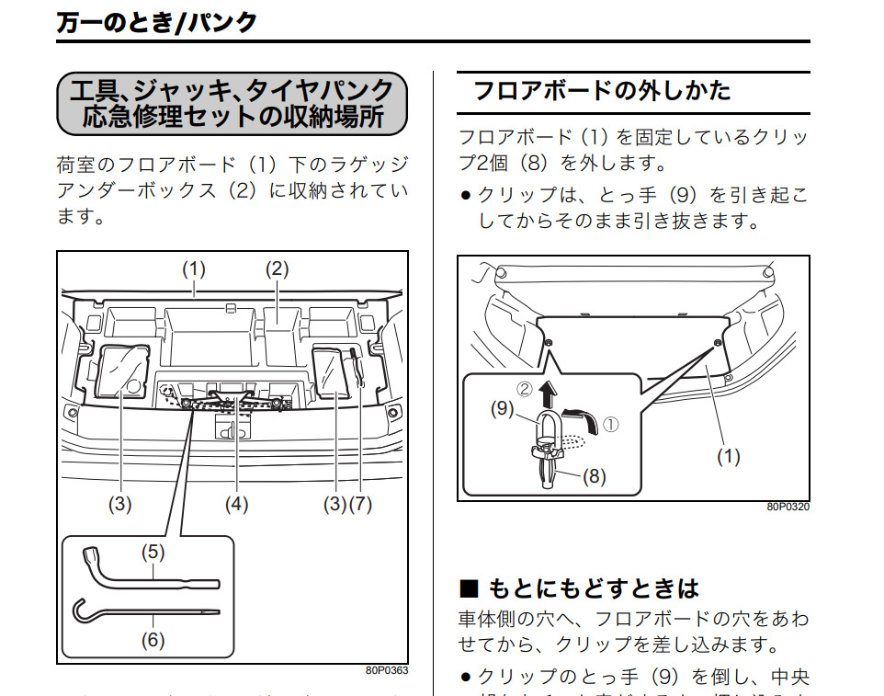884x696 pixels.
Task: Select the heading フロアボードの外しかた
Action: (602, 91)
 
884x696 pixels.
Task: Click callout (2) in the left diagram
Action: (277, 269)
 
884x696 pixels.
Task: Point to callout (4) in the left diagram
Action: (236, 505)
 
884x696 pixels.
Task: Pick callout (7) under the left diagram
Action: (361, 505)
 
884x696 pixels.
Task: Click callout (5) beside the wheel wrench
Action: (153, 553)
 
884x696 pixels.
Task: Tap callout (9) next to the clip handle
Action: (501, 409)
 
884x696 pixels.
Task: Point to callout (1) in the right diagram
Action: (728, 457)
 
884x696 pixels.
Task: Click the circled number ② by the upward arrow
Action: (526, 390)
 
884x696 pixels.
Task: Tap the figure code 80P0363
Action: (387, 671)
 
